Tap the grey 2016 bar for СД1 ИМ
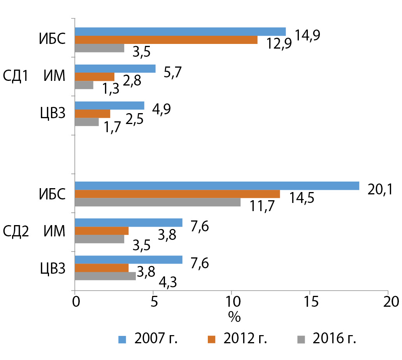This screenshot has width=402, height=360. point(84,85)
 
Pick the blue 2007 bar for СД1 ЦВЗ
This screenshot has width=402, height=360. point(109,105)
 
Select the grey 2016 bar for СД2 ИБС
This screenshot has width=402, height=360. point(158,202)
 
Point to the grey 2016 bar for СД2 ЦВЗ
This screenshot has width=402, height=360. point(105,276)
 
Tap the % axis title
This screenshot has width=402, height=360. point(234,317)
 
